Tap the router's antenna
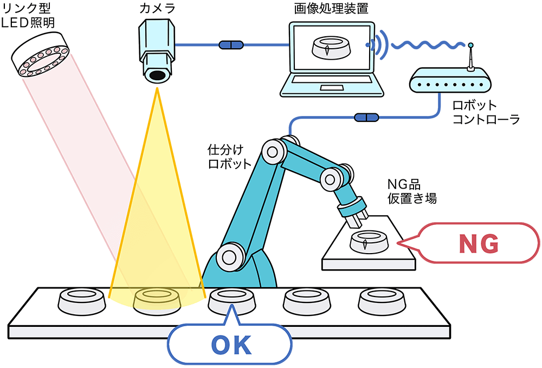(x=471, y=57)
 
